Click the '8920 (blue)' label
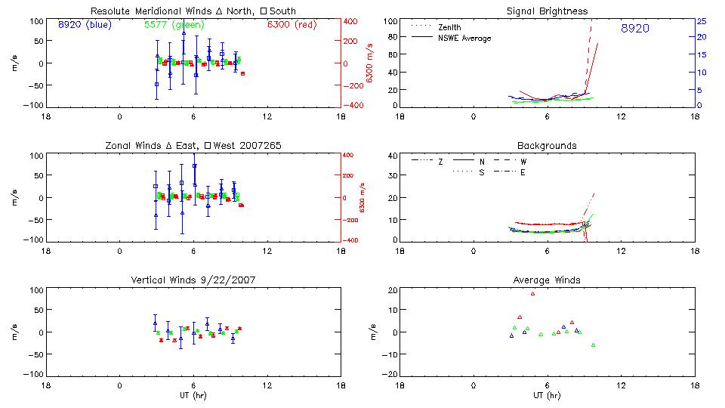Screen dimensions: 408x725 coord(85,24)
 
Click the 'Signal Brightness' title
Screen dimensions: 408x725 coord(547,11)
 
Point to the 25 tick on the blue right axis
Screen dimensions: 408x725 coord(701,21)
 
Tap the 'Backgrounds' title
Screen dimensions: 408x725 coord(547,145)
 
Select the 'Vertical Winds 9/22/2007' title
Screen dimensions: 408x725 coord(193,280)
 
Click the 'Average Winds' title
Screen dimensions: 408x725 coord(547,280)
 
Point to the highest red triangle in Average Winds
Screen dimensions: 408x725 coord(532,293)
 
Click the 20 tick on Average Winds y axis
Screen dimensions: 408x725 coord(392,290)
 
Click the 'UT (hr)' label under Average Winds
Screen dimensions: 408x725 coord(547,395)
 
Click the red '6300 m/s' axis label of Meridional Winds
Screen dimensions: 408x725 coord(369,63)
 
